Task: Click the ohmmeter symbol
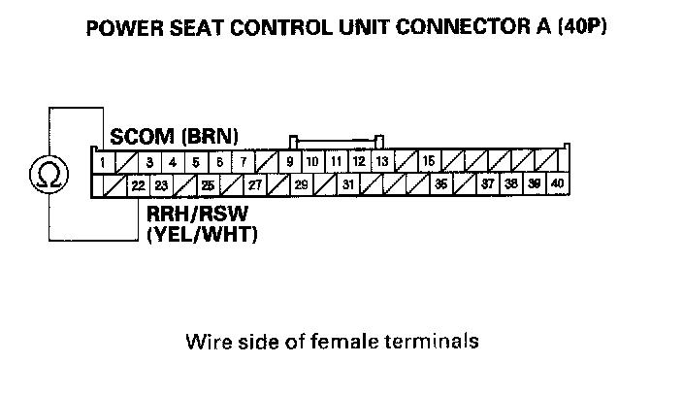(x=47, y=174)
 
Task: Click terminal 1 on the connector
(x=102, y=162)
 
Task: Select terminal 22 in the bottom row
(x=138, y=184)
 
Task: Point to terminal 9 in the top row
(x=289, y=162)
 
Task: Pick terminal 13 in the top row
(x=381, y=162)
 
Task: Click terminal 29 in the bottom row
(x=301, y=184)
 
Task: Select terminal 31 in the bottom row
(x=347, y=184)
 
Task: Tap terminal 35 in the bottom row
(x=440, y=184)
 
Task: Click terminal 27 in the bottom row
(x=254, y=184)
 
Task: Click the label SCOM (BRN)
(x=175, y=135)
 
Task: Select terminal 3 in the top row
(x=148, y=162)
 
